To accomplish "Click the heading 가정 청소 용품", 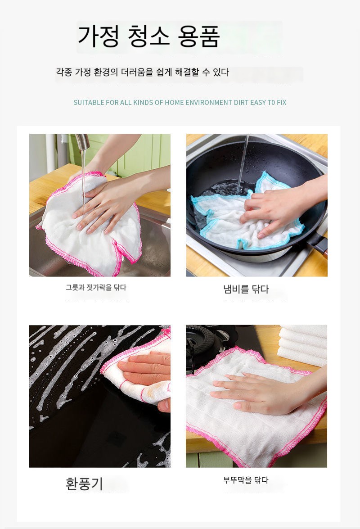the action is click(148, 36).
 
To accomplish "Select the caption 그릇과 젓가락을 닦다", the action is click(96, 287).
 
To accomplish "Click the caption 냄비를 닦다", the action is click(246, 289).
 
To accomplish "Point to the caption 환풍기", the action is click(84, 484).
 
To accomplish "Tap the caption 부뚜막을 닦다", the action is click(246, 480).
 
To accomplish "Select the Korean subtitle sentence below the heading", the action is click(142, 72).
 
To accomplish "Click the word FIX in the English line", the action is click(281, 103).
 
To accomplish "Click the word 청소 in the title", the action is click(148, 36).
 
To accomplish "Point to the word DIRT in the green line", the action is click(241, 103).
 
